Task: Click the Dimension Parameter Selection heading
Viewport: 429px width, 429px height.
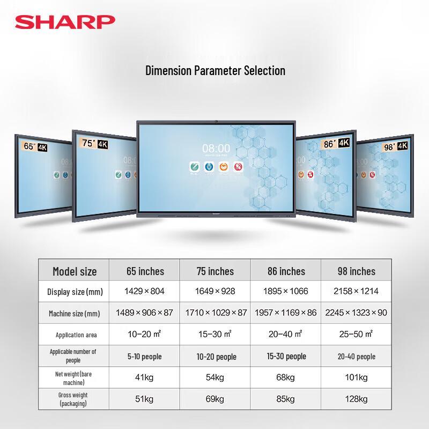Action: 215,70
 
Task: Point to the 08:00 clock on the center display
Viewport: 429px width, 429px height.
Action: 216,148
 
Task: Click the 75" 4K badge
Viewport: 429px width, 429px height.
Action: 96,143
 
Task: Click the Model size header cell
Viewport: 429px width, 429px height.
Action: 75,271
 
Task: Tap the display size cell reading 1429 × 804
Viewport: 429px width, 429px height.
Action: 144,292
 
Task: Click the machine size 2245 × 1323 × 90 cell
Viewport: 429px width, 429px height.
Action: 356,313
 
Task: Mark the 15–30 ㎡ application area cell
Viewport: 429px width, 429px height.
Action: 215,334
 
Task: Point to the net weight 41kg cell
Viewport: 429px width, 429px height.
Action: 144,378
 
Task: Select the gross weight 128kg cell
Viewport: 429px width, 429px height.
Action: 356,399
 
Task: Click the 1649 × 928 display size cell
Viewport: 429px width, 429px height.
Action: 215,292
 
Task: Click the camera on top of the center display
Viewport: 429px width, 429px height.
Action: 216,122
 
